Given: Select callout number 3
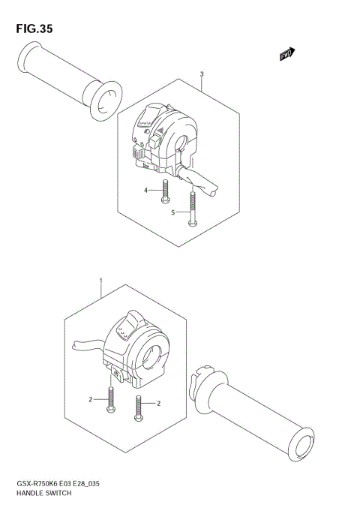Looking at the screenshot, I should (202, 74).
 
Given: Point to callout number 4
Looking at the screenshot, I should (146, 191).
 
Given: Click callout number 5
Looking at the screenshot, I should (172, 213).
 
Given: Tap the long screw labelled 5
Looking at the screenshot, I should (193, 209).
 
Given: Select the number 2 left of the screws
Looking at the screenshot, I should (91, 400).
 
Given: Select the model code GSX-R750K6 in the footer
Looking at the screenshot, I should (40, 485).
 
